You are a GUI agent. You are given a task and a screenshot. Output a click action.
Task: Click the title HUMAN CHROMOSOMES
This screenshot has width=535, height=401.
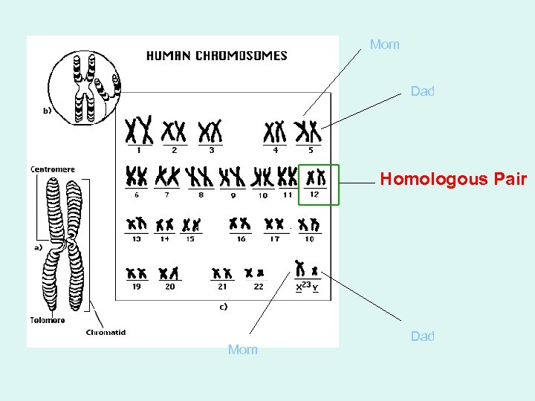click(216, 55)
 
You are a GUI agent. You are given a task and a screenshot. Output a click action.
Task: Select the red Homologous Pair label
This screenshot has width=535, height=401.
click(453, 179)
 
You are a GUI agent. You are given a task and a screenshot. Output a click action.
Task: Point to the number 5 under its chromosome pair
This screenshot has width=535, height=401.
click(311, 150)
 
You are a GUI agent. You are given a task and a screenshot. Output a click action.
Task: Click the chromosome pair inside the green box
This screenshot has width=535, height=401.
click(317, 177)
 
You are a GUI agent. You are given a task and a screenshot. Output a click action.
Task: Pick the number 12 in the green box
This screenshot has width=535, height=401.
click(314, 194)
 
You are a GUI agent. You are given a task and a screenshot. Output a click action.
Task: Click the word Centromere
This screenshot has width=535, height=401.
click(53, 169)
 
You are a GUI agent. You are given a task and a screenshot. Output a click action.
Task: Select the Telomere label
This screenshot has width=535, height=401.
click(48, 320)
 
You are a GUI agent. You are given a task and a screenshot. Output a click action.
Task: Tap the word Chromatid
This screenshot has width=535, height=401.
click(106, 332)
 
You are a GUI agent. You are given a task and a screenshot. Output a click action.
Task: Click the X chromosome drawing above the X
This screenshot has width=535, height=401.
click(300, 268)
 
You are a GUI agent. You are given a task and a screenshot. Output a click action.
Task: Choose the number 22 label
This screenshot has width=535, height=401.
click(258, 286)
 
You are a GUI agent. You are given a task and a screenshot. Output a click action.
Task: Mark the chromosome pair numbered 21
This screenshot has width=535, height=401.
click(221, 273)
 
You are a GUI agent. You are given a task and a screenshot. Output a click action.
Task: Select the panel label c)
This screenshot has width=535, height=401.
click(223, 306)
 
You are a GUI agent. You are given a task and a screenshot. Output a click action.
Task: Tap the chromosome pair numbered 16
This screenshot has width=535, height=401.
click(240, 223)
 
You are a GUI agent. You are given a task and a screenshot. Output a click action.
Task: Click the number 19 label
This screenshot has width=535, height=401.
click(136, 286)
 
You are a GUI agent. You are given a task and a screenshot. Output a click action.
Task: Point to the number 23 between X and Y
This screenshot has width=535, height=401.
click(307, 283)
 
